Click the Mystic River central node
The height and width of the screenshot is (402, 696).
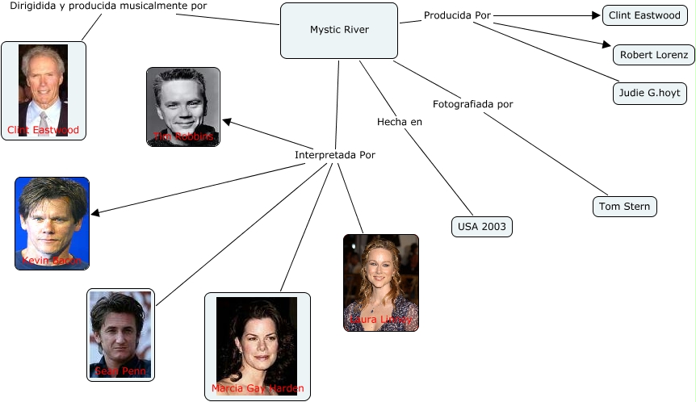pos(339,30)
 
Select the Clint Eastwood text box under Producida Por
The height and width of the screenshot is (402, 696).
pos(644,15)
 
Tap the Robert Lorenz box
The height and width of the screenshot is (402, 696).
pos(653,55)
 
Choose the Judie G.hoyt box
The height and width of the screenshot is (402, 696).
pos(649,94)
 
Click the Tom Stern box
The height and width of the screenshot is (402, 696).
pos(624,207)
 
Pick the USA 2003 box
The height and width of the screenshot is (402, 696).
pos(481,227)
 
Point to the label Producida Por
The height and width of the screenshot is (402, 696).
pos(457,15)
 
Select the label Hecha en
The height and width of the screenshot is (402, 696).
pos(400,122)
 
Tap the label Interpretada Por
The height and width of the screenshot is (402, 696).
pos(334,155)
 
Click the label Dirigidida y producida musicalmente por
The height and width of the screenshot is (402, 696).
pos(108,6)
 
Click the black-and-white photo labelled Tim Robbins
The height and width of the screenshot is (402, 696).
pos(183,106)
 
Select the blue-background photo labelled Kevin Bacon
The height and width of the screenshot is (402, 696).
pos(52,223)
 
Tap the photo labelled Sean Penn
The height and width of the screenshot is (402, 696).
pos(120,334)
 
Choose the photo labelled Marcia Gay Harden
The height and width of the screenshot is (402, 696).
pos(257,345)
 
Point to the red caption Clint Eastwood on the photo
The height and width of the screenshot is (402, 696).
pos(44,130)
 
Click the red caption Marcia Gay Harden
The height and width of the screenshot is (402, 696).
pos(258,389)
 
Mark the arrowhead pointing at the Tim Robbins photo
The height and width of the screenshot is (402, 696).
pos(227,122)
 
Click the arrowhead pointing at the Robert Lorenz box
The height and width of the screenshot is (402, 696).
pos(607,44)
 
